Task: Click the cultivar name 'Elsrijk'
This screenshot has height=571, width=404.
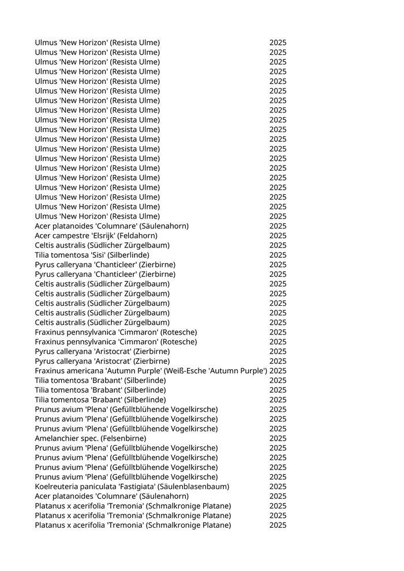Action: coord(95,235)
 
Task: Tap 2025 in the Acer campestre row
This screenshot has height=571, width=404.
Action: coord(278,235)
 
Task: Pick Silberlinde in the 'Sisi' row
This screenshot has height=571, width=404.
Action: coord(129,255)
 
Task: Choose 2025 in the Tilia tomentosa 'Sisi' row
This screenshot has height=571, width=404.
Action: coord(278,255)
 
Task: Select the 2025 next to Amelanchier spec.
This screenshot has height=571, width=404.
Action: coord(278,438)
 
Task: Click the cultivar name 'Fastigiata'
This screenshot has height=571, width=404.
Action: coord(132,487)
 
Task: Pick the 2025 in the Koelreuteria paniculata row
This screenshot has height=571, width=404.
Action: coord(278,487)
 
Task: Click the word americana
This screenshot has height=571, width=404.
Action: coord(84,370)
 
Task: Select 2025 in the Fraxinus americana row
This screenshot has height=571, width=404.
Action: coord(278,370)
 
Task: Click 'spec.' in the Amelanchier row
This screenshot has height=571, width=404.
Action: coord(89,438)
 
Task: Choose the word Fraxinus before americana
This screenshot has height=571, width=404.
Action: coord(50,370)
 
